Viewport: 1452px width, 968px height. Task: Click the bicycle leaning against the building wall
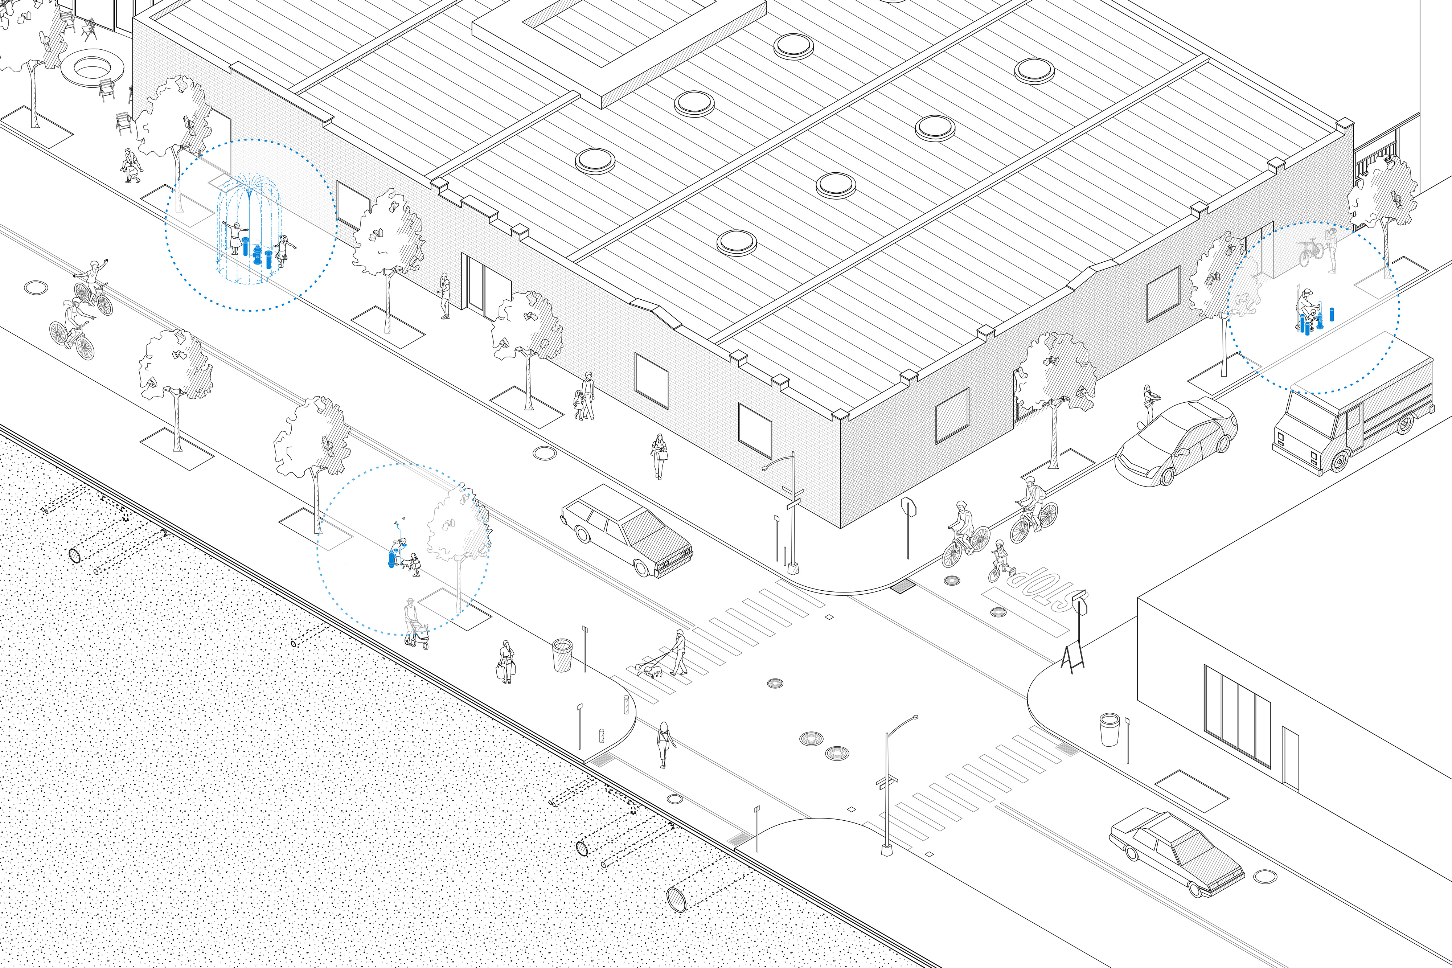pos(1310,252)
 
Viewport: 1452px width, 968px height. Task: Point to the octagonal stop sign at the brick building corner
pos(908,508)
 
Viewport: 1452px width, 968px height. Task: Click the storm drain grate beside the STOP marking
pos(903,585)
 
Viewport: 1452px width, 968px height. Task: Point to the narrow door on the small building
pos(1290,758)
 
